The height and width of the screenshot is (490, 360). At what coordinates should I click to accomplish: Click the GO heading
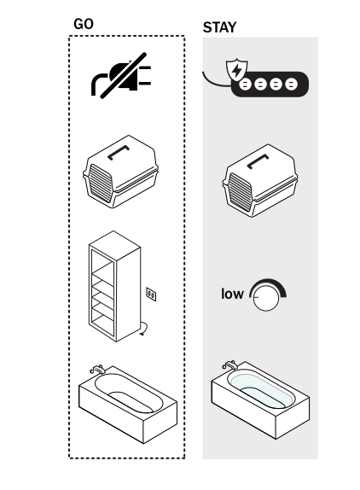coord(84,24)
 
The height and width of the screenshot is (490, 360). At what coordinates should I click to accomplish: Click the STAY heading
coord(219,27)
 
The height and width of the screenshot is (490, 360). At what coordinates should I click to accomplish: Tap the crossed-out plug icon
coord(121,76)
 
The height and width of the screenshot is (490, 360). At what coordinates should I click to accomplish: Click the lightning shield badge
coord(237,70)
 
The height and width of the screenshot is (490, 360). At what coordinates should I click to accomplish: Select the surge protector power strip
coord(270,85)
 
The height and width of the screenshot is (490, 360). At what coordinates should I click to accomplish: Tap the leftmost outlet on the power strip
coord(246,85)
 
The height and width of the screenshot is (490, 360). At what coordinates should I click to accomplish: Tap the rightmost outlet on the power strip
coord(291,85)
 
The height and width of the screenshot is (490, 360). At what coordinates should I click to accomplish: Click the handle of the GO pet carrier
coord(119,152)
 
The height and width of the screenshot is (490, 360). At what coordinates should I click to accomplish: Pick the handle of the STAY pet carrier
coord(258,161)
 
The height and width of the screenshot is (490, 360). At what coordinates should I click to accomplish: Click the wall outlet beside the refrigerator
coord(151,295)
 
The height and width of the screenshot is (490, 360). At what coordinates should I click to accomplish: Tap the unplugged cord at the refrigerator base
coord(144,329)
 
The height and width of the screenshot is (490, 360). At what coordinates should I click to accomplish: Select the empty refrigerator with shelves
coord(114,286)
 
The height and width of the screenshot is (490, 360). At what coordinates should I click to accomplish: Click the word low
coord(232,294)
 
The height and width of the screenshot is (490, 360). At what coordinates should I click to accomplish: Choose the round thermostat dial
coord(266,298)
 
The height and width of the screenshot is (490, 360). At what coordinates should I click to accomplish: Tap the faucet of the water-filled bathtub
coord(230,365)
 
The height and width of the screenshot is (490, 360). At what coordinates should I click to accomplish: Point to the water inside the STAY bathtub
coord(261,388)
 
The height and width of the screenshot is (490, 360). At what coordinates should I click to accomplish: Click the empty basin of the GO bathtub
coord(129,393)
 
